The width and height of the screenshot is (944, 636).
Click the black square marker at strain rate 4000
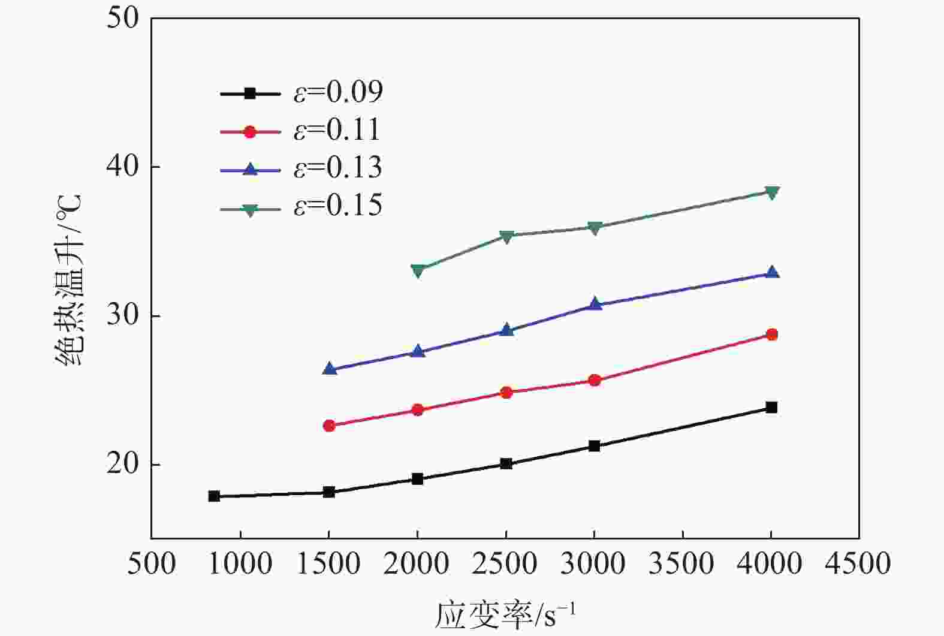771,408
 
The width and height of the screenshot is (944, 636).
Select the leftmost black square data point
214,496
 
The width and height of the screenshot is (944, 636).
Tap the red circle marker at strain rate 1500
329,426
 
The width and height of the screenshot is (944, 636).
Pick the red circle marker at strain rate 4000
772,334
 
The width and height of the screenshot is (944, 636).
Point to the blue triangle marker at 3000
595,304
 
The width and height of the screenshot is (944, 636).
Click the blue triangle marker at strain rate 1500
329,369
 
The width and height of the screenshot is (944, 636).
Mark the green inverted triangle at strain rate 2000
418,270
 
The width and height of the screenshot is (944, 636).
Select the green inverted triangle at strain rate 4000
772,192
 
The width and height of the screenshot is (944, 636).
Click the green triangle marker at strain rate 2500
506,236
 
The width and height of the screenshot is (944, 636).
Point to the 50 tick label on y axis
122,18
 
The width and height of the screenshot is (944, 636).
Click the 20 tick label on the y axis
122,465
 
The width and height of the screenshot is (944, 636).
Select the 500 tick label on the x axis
151,564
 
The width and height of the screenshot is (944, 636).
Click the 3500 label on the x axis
683,564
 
